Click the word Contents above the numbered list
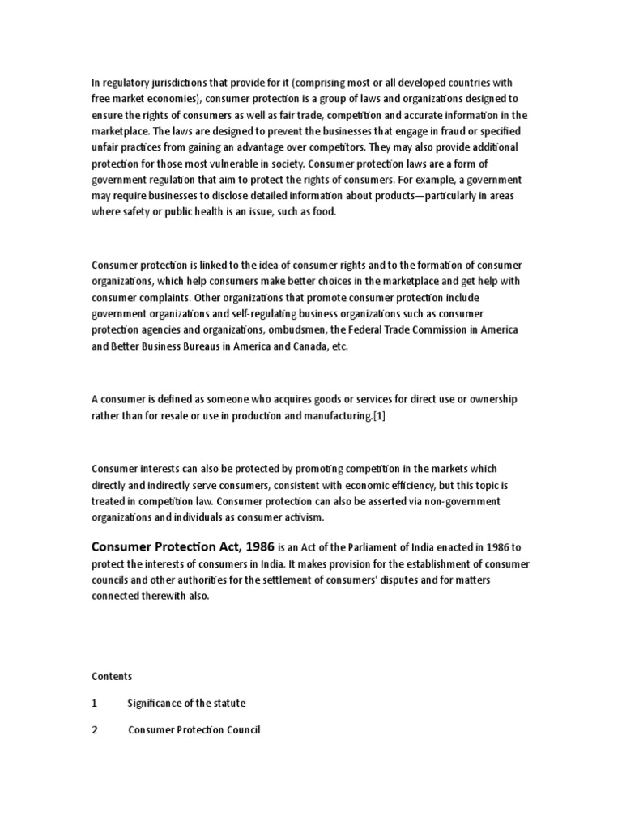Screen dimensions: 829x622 [112, 676]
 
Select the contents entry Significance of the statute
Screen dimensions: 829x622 [186, 703]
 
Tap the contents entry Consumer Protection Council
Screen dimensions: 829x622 [194, 730]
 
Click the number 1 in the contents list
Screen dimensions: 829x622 [95, 703]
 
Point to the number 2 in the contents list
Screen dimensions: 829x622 [95, 730]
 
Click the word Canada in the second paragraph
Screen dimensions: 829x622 [306, 346]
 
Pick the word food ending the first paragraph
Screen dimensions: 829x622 [322, 211]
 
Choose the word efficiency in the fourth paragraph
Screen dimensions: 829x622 [396, 485]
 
